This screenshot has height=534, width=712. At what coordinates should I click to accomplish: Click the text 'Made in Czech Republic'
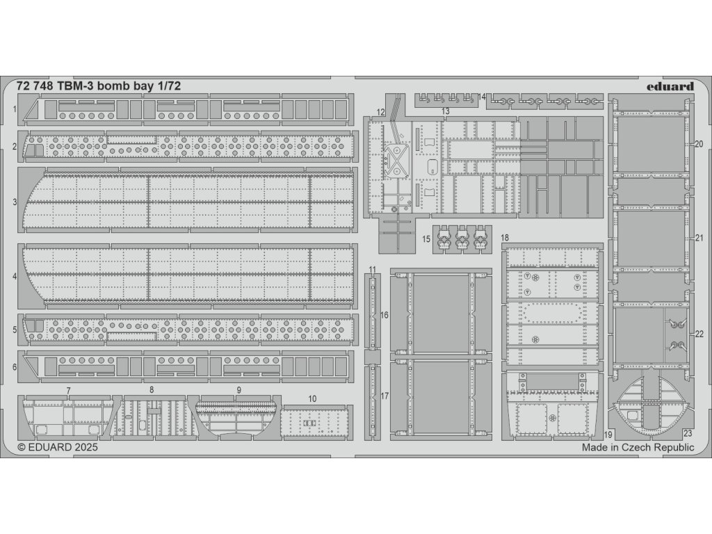pos(638,448)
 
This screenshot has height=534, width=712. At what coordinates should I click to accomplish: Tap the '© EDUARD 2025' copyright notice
pos(58,448)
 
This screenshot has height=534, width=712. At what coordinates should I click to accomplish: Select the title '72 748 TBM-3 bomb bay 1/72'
pos(88,87)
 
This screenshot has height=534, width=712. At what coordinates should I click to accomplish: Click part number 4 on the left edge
pos(15,276)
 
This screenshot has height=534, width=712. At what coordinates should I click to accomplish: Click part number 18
pos(505,238)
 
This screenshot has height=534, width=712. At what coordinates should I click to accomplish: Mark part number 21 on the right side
pos(699,238)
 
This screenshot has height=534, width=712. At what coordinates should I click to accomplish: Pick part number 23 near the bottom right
pos(686,432)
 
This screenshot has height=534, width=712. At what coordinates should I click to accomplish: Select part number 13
pos(445,111)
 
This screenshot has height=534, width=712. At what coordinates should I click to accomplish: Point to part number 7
pos(68,390)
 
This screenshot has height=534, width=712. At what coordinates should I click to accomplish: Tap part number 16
pos(384,315)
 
